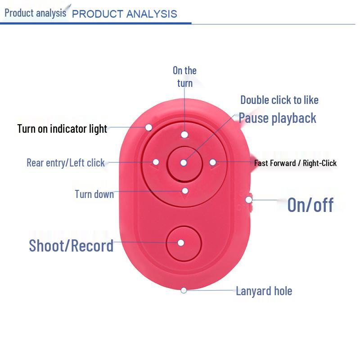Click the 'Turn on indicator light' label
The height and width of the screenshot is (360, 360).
click(62, 129)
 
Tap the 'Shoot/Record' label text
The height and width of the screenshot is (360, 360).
click(71, 246)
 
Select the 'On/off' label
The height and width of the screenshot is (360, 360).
click(310, 205)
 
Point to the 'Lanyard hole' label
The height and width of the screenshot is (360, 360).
click(264, 291)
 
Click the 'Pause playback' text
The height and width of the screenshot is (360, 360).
click(277, 118)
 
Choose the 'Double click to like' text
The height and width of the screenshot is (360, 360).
click(279, 100)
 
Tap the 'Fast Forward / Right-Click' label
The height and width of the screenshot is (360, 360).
click(295, 163)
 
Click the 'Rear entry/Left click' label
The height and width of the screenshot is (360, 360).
click(66, 163)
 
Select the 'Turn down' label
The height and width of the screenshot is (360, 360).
click(94, 194)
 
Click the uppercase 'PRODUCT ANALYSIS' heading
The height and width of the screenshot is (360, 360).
click(125, 14)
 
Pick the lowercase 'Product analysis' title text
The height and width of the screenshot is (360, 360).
click(36, 13)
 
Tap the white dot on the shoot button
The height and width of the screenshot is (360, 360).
click(181, 243)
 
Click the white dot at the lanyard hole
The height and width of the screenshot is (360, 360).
click(184, 290)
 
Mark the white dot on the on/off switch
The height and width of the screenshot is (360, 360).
click(249, 200)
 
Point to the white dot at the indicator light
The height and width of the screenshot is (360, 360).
click(149, 127)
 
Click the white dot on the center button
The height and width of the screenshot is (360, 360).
click(184, 163)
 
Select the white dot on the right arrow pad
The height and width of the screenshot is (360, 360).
click(213, 162)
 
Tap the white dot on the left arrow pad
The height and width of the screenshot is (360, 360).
click(156, 162)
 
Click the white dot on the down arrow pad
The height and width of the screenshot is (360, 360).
click(185, 191)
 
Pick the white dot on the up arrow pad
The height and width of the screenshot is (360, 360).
click(184, 135)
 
